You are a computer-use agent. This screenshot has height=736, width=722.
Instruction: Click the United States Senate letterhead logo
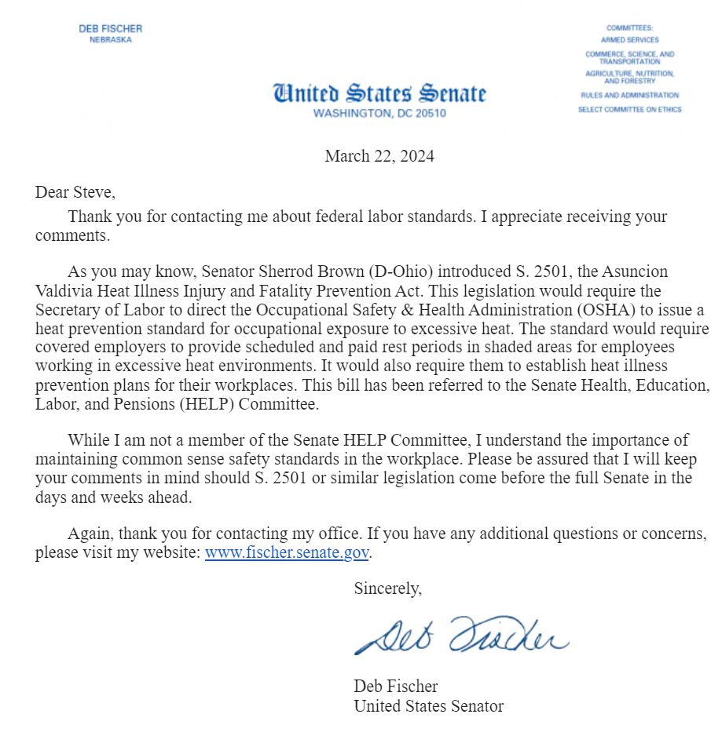coord(379,93)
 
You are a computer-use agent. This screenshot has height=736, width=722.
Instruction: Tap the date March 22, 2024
coord(379,156)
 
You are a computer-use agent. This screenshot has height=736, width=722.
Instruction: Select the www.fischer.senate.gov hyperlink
coord(286,552)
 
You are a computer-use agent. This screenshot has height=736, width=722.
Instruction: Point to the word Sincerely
coord(388,588)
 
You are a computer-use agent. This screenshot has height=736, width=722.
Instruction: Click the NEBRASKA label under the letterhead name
coord(111,40)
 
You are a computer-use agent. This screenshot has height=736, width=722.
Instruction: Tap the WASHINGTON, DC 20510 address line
coord(379,113)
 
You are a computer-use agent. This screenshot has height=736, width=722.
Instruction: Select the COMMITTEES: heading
coord(629,28)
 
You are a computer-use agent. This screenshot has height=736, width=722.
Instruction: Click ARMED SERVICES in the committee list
coord(629,39)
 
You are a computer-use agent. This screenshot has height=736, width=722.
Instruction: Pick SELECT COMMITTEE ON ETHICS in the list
coord(629,110)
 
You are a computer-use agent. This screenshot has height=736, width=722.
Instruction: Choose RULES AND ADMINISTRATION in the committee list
coord(629,95)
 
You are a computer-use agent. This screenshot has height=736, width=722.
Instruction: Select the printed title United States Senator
coord(428,705)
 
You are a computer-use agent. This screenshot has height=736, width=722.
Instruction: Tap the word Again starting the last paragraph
coord(90,534)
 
